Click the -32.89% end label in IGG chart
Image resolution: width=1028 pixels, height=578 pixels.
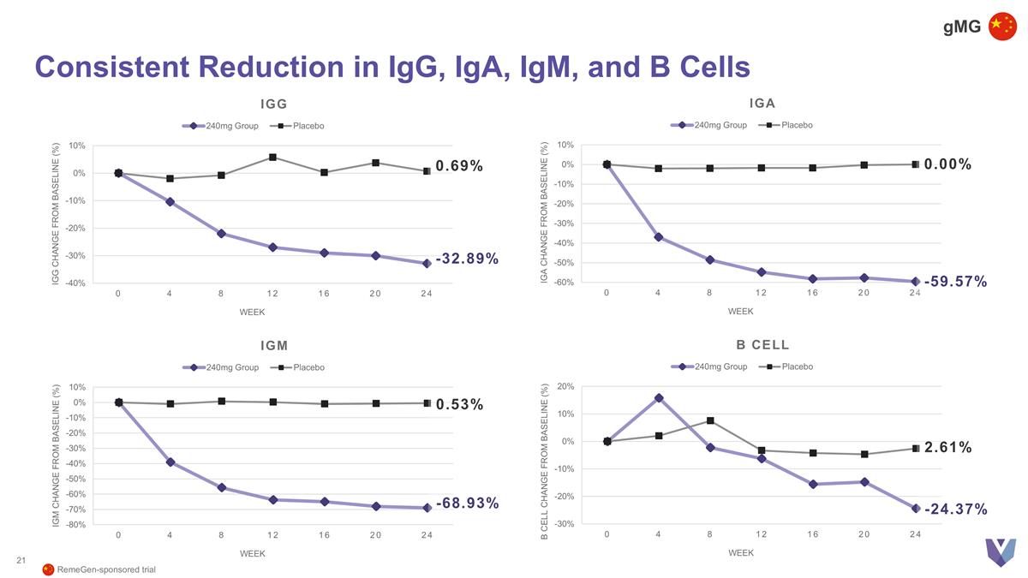click(468, 259)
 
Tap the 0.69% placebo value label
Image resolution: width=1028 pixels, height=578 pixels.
click(459, 165)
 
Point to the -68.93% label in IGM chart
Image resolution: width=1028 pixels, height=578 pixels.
click(468, 503)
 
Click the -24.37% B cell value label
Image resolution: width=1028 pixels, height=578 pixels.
click(956, 509)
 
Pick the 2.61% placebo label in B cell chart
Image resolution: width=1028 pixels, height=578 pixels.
click(947, 447)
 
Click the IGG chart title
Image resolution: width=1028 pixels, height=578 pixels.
click(274, 104)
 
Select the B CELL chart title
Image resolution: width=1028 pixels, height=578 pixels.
click(762, 345)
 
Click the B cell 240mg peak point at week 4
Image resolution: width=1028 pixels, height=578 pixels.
click(659, 397)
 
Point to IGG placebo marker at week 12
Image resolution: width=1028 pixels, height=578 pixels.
click(272, 158)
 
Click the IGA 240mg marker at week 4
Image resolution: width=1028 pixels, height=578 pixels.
click(659, 237)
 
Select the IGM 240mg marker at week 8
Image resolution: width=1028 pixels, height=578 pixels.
click(221, 488)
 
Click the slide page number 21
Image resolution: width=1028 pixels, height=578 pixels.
click(21, 561)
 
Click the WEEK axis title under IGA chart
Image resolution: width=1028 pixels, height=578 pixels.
click(740, 312)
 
